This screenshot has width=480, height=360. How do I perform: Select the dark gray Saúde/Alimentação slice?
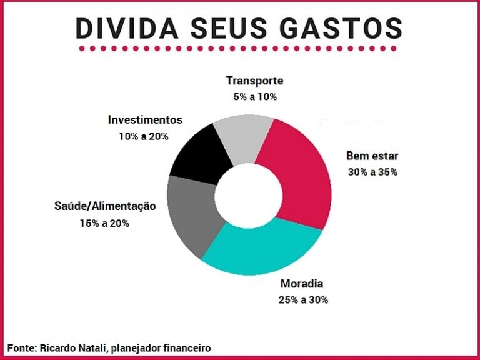[191, 216]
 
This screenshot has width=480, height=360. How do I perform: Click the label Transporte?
[254, 81]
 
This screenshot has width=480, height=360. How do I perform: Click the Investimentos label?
[145, 119]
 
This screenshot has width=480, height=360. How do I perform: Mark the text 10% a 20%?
[144, 136]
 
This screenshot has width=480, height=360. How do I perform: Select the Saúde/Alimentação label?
[104, 206]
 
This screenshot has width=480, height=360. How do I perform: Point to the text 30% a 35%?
[372, 172]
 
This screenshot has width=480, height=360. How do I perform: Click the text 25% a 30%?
[303, 299]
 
